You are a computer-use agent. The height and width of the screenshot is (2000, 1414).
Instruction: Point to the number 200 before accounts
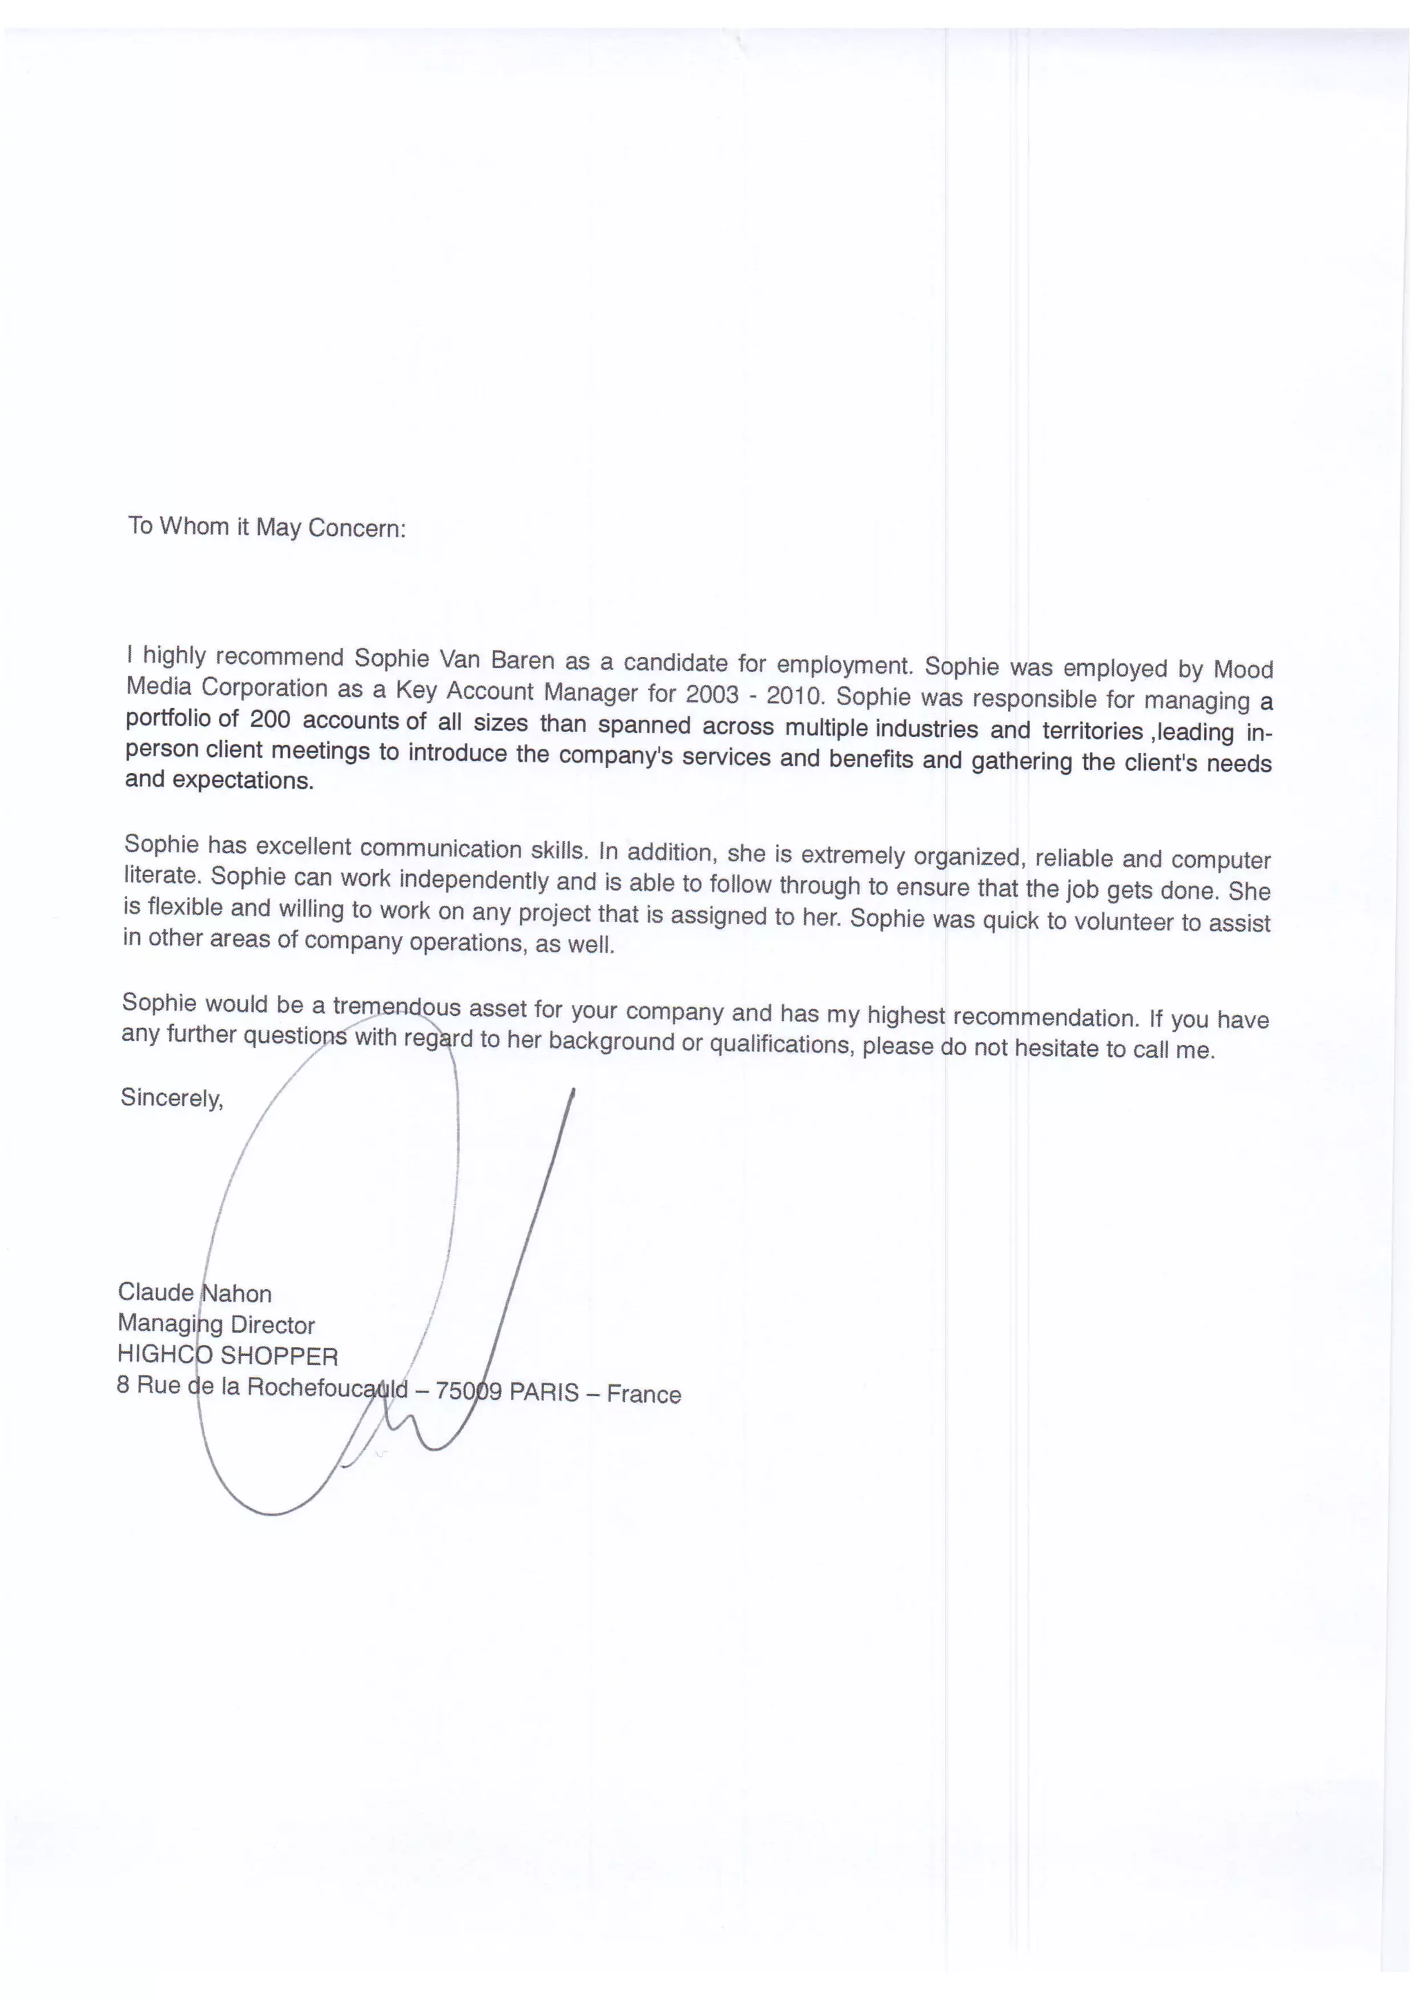[x=269, y=720]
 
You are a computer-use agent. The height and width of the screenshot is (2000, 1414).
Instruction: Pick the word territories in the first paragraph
[x=1092, y=730]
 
